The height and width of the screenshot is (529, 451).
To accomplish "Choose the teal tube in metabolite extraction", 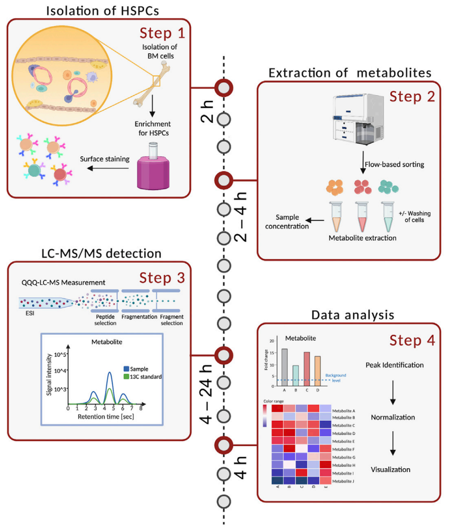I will point(388,214).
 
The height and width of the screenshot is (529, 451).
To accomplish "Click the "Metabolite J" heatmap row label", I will point(344,480).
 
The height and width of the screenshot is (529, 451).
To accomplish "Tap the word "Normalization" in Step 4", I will point(392,417).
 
